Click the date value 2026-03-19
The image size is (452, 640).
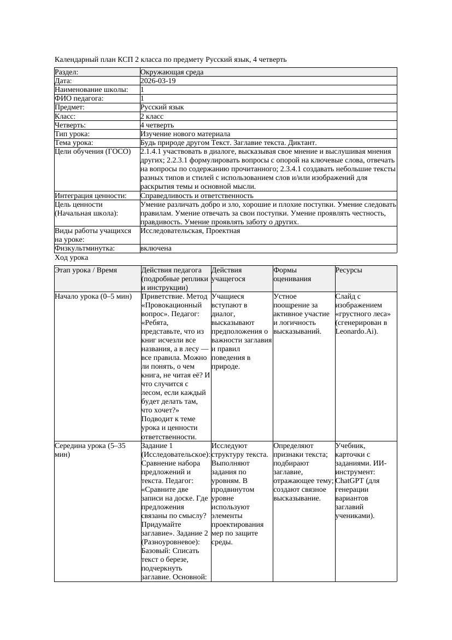[x=158, y=81]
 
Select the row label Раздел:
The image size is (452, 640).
[x=67, y=72]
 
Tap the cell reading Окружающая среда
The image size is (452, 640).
[x=169, y=72]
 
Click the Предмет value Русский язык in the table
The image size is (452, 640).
[x=162, y=107]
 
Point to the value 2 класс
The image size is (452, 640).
[x=152, y=116]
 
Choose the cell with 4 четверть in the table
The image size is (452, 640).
[x=157, y=125]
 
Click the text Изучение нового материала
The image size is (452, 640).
[x=185, y=134]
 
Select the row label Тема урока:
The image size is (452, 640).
[x=74, y=143]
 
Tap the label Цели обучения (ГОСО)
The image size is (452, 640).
[x=93, y=152]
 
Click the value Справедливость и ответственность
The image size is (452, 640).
[x=197, y=195]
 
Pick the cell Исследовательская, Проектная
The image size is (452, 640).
[x=190, y=231]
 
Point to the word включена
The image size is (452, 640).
[x=156, y=248]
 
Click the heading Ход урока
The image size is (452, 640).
[x=72, y=257]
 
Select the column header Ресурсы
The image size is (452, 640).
[x=349, y=270]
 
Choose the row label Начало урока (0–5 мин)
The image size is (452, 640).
[x=93, y=296]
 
